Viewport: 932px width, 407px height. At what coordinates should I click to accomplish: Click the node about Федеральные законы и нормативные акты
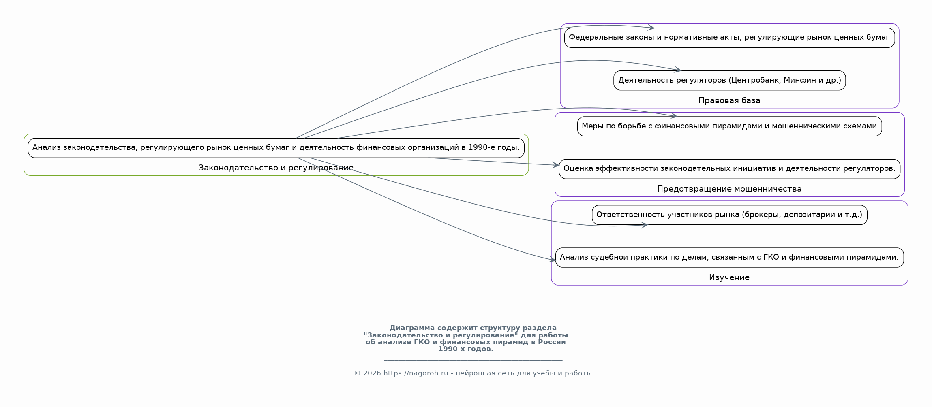point(729,38)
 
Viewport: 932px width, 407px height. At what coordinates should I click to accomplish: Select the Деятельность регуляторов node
point(729,80)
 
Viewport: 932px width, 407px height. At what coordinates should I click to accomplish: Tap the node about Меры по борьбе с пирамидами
point(729,126)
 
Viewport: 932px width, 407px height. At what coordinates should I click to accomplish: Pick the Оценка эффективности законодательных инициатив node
point(729,169)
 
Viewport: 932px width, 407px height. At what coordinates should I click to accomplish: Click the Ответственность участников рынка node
point(729,215)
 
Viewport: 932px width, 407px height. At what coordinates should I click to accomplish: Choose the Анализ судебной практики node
point(729,258)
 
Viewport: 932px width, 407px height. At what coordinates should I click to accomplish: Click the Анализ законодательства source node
point(276,148)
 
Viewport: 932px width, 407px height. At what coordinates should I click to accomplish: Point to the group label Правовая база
point(729,100)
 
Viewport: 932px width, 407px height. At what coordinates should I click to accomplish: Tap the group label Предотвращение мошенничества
point(729,189)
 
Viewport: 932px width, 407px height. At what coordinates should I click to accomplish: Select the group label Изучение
point(729,277)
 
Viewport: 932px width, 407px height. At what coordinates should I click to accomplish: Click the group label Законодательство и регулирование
point(276,168)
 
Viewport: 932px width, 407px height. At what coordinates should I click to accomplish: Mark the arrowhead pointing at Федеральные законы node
point(651,28)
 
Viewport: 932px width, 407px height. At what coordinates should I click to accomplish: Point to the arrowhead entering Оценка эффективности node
point(556,165)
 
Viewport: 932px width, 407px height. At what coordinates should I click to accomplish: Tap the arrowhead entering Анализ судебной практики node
point(552,260)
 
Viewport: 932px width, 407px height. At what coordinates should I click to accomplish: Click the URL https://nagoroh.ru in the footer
point(416,373)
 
